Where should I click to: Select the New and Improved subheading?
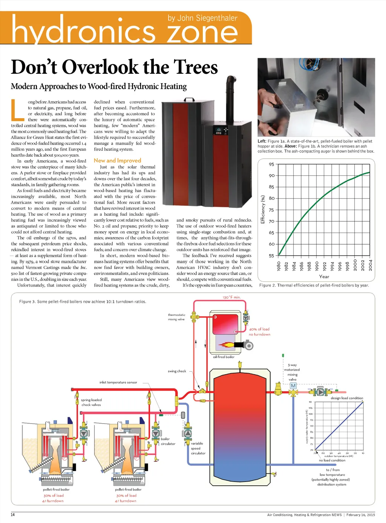[117, 160]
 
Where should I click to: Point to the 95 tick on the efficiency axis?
[271, 164]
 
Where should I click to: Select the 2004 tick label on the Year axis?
[371, 265]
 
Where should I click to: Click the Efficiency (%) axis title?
[263, 209]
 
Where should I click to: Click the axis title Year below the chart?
[324, 276]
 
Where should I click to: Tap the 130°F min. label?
[231, 297]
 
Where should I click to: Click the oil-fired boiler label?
[224, 357]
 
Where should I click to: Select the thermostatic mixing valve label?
[176, 317]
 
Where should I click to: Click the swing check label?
[177, 371]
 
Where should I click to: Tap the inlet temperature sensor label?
[118, 382]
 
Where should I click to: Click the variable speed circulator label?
[198, 448]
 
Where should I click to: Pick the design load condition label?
[347, 398]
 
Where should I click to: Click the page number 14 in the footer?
[13, 515]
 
